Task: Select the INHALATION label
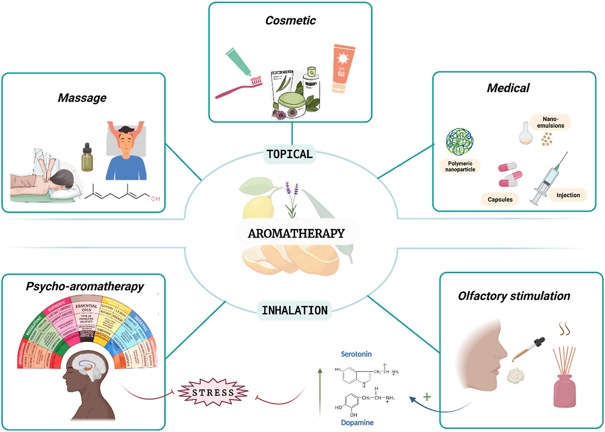coord(294,311)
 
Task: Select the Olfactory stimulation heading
coord(514,296)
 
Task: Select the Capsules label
coord(500,199)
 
